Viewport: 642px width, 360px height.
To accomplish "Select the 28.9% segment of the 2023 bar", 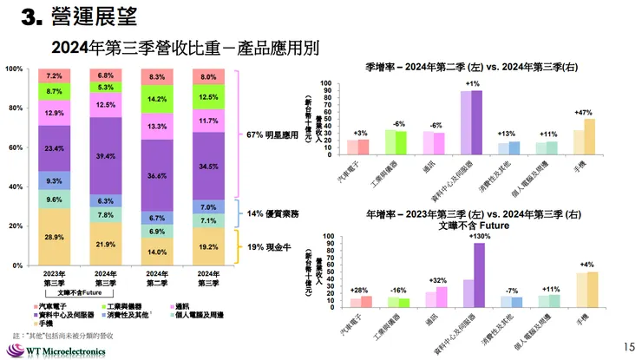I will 54,236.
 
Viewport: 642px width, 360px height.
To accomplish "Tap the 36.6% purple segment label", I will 158,175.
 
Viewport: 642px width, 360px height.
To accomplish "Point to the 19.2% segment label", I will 208,245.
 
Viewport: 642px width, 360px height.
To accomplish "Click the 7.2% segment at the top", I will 54,75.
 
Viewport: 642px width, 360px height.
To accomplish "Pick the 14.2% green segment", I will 158,99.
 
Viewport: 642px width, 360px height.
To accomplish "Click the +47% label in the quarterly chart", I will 583,113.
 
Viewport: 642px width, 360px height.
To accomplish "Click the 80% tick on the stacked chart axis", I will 16,108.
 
